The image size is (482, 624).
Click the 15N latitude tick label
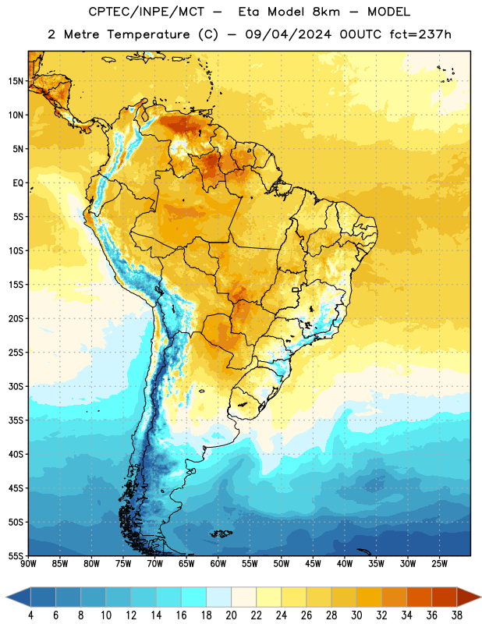[x=16, y=81]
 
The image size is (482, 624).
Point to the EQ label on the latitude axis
[x=18, y=183]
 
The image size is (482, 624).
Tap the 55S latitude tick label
[x=16, y=555]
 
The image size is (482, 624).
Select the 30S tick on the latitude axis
[x=16, y=386]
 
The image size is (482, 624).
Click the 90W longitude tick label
[x=28, y=564]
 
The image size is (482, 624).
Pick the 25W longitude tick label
[x=439, y=564]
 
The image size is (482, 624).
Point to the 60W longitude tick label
[x=218, y=564]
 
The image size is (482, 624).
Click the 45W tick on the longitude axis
[x=313, y=564]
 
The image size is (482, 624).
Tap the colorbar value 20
[x=231, y=615]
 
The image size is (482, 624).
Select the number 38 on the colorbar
[x=457, y=615]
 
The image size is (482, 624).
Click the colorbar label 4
[x=30, y=615]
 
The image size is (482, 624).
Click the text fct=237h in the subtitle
[x=420, y=34]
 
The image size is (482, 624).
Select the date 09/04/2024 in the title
[x=288, y=34]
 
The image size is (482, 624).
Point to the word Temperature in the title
[x=148, y=34]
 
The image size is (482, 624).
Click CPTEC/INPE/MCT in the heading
[x=147, y=12]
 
